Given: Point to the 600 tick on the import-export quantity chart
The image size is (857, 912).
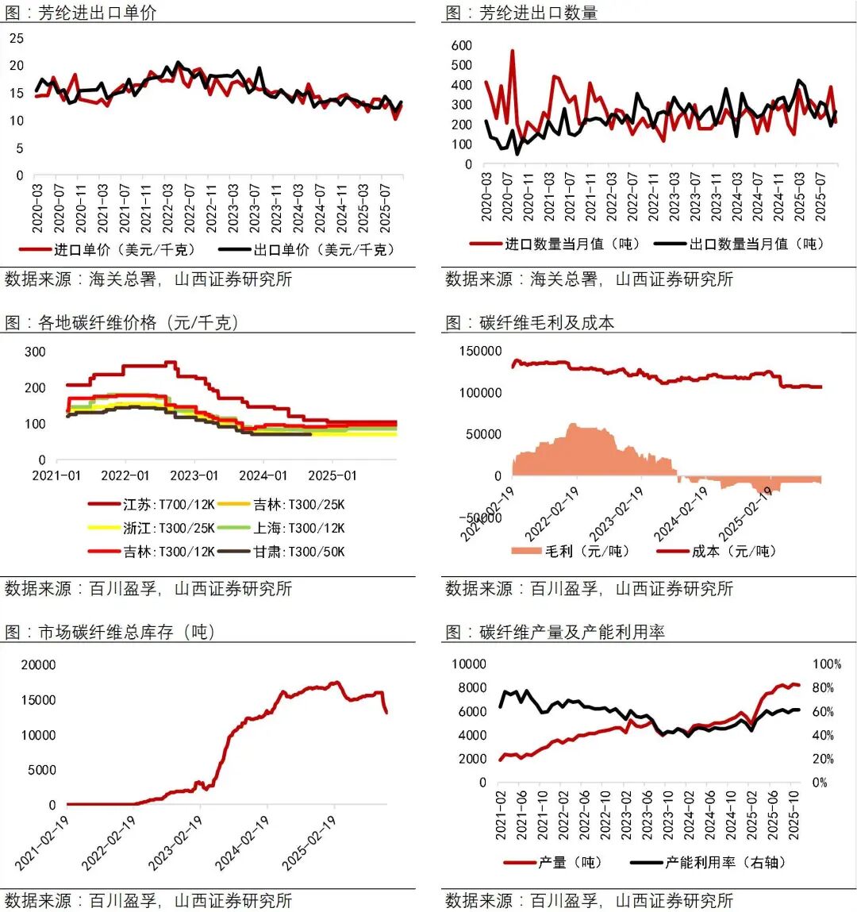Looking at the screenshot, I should pos(461,45).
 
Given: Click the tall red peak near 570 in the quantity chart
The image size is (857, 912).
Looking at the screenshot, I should pos(512,52).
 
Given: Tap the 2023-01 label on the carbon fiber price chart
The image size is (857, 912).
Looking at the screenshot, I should pos(194,475).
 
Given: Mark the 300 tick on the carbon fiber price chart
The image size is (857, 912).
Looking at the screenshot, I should pos(35,352).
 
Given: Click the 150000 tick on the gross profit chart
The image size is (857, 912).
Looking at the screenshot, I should pos(480,352).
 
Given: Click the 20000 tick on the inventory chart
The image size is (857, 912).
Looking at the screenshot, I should pos(38,664).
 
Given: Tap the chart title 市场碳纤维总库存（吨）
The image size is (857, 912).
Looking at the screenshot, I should pos(109,632).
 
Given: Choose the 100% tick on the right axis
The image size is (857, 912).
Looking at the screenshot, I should pos(827,664).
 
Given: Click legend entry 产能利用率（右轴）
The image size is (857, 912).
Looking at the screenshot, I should pos(722,862).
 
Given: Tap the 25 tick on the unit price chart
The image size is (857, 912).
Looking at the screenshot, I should pos(17,38).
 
